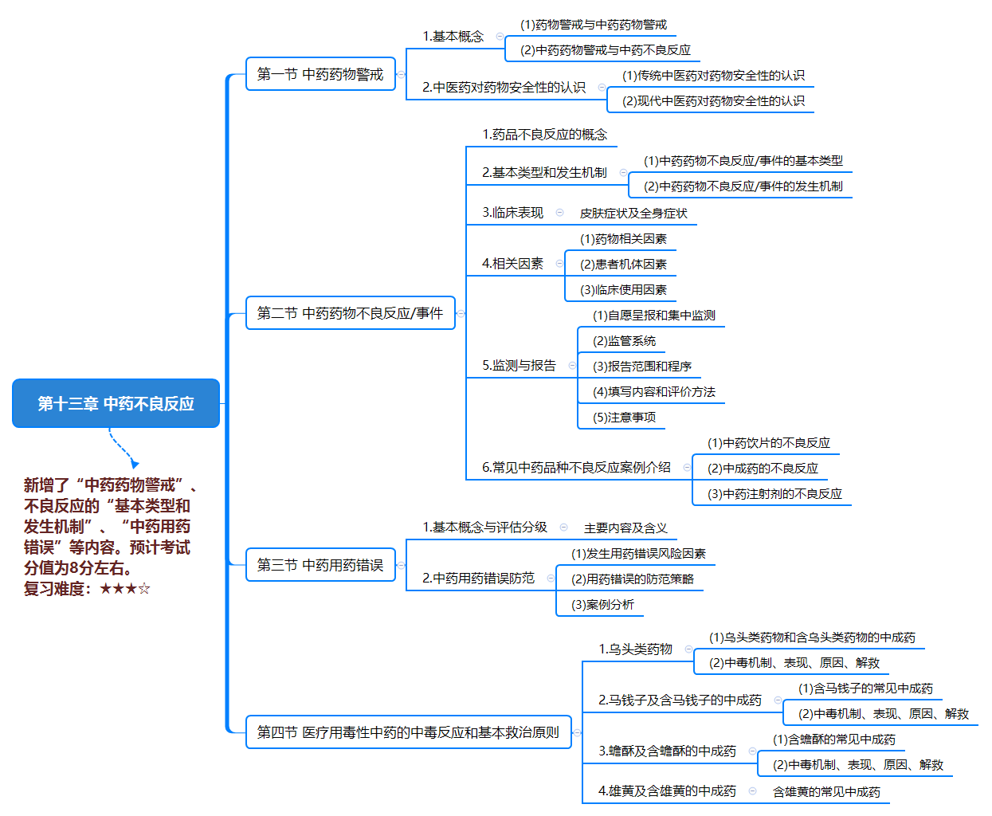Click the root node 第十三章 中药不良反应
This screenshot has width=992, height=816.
point(116,403)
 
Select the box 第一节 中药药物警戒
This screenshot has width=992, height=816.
point(320,74)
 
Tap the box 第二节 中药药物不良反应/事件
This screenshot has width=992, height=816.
point(351,312)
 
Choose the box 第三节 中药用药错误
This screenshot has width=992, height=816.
point(320,564)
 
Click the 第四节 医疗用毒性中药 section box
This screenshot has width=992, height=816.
point(408,732)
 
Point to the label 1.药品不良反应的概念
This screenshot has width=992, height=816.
point(545,135)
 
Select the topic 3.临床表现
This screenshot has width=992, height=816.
point(512,213)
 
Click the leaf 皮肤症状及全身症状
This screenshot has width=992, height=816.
point(633,213)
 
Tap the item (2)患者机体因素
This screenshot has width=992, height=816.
point(623,265)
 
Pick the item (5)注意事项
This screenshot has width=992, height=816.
point(624,418)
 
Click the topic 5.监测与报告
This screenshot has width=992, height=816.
point(520,366)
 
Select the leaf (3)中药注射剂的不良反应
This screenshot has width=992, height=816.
point(774,494)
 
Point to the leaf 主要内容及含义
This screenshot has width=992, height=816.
point(625,528)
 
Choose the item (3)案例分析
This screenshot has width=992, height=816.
point(602,604)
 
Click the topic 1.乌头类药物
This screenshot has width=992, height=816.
point(636,649)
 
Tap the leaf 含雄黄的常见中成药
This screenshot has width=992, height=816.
point(826,792)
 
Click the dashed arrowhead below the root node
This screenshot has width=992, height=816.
point(135,464)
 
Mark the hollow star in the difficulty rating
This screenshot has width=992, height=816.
point(144,588)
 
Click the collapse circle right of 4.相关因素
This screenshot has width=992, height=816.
point(559,264)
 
